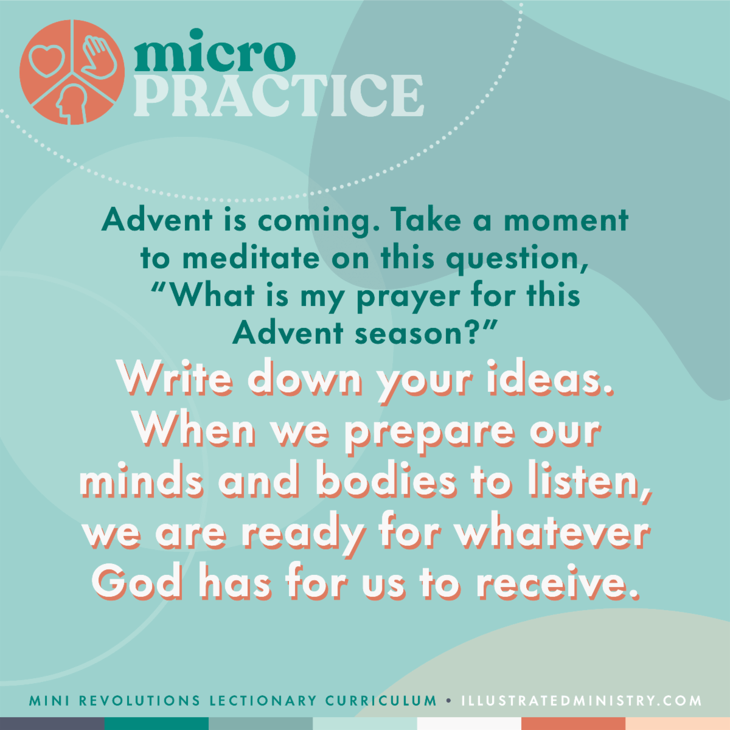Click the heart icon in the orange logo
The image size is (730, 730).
click(x=46, y=60)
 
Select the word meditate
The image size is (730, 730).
click(x=251, y=259)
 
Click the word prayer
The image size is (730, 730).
click(x=408, y=297)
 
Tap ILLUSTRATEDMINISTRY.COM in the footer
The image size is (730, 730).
click(x=582, y=701)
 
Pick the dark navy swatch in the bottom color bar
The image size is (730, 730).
click(x=52, y=723)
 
